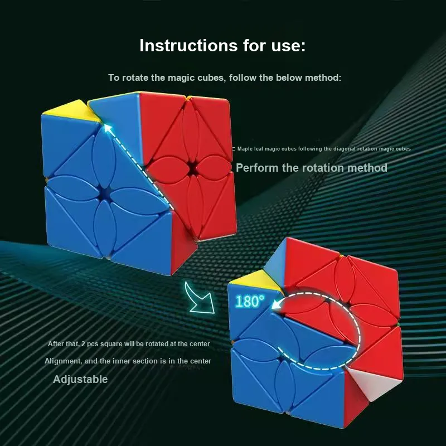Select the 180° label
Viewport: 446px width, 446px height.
tap(250, 301)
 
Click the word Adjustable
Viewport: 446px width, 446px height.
tap(80, 380)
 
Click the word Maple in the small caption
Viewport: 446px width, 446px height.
tap(245, 149)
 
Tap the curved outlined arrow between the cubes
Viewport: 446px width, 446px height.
tap(200, 298)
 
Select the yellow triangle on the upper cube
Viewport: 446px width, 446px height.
tap(72, 111)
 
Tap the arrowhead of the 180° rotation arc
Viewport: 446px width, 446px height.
tap(277, 304)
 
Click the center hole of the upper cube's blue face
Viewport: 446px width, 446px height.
tap(104, 193)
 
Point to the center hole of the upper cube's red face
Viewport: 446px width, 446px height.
tap(192, 167)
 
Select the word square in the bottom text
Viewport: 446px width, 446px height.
tap(110, 344)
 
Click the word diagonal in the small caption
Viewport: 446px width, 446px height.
tap(345, 149)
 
